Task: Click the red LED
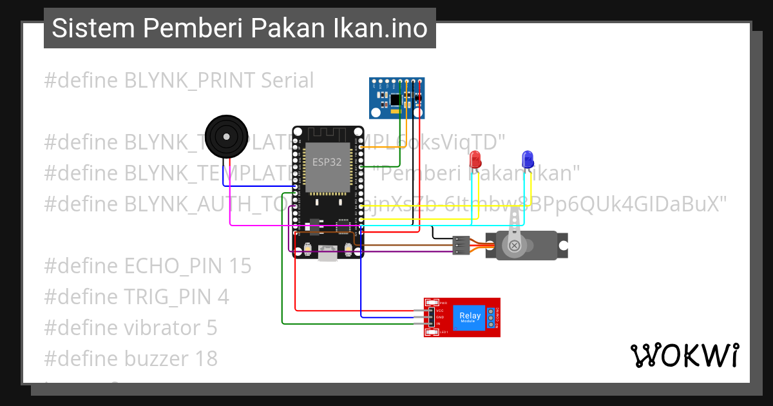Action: tap(475, 159)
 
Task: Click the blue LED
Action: tap(527, 159)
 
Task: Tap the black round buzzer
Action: tap(225, 137)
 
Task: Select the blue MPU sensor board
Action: tap(397, 99)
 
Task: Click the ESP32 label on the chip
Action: tap(327, 162)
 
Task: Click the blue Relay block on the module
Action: tap(470, 317)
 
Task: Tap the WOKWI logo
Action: tap(684, 355)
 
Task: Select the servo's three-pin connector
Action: tap(460, 246)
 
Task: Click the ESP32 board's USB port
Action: tap(328, 253)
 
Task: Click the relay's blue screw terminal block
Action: tap(491, 317)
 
